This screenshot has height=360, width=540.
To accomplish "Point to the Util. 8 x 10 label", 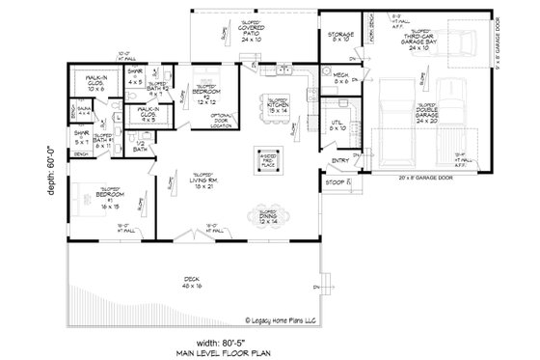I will point(338,125).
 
